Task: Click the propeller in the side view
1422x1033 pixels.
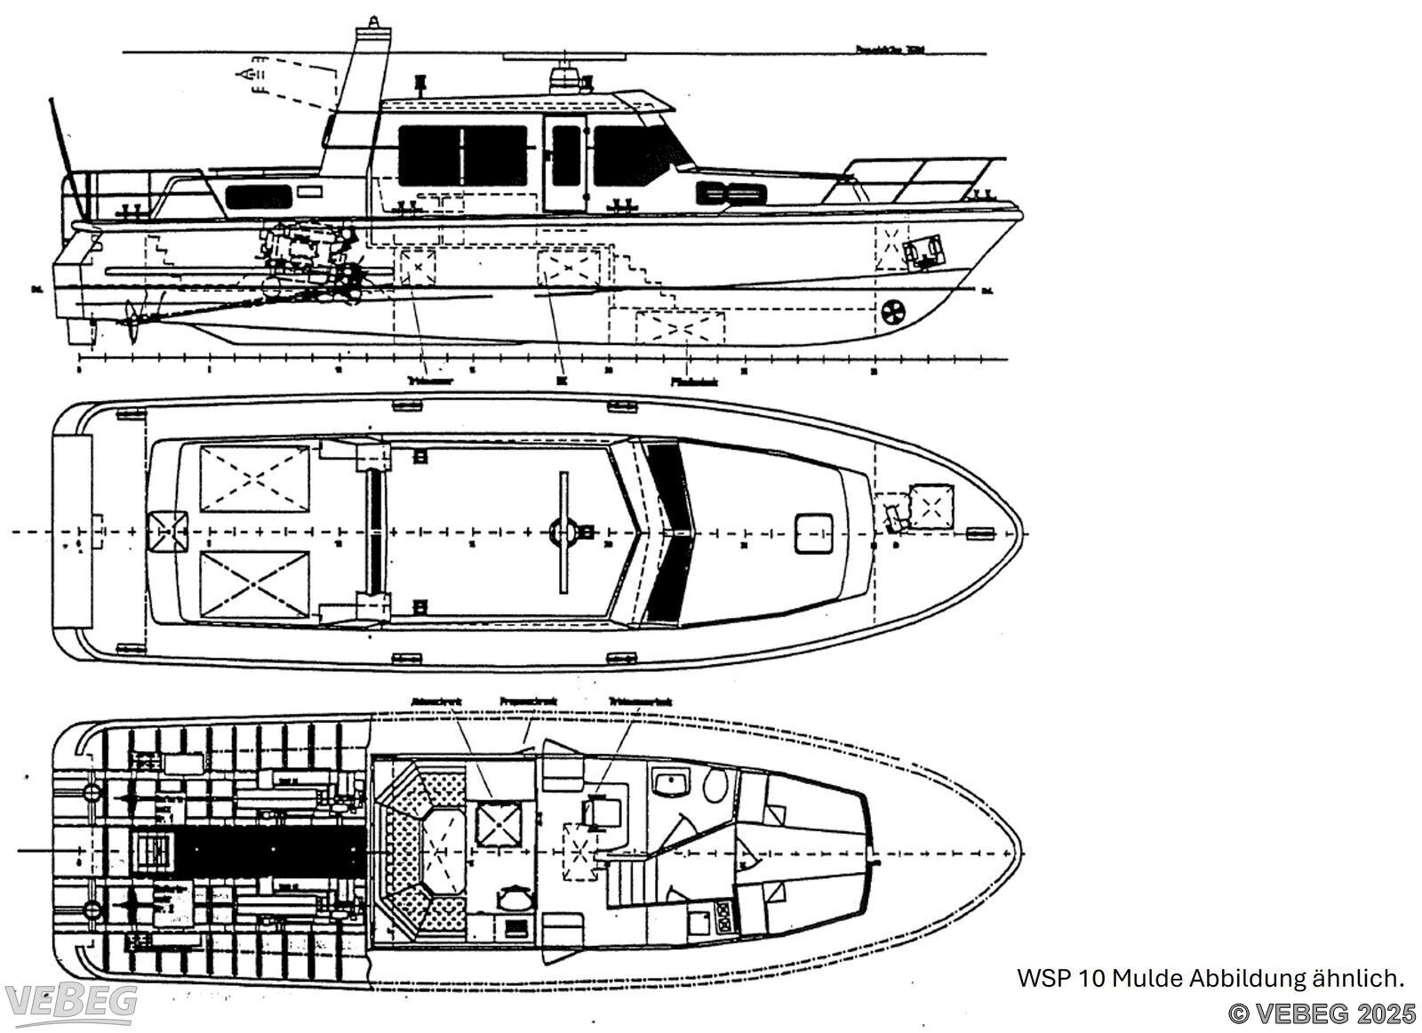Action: tap(134, 322)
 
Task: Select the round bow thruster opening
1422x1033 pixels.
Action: tap(892, 312)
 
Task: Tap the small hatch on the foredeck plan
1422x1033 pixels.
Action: tap(811, 533)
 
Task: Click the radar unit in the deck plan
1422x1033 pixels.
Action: tap(563, 532)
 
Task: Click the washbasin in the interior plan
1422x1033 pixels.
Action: tap(672, 782)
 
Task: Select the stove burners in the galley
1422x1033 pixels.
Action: tap(723, 917)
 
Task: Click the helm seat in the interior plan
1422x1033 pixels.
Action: tap(598, 812)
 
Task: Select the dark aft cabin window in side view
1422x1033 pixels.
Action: tap(258, 196)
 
